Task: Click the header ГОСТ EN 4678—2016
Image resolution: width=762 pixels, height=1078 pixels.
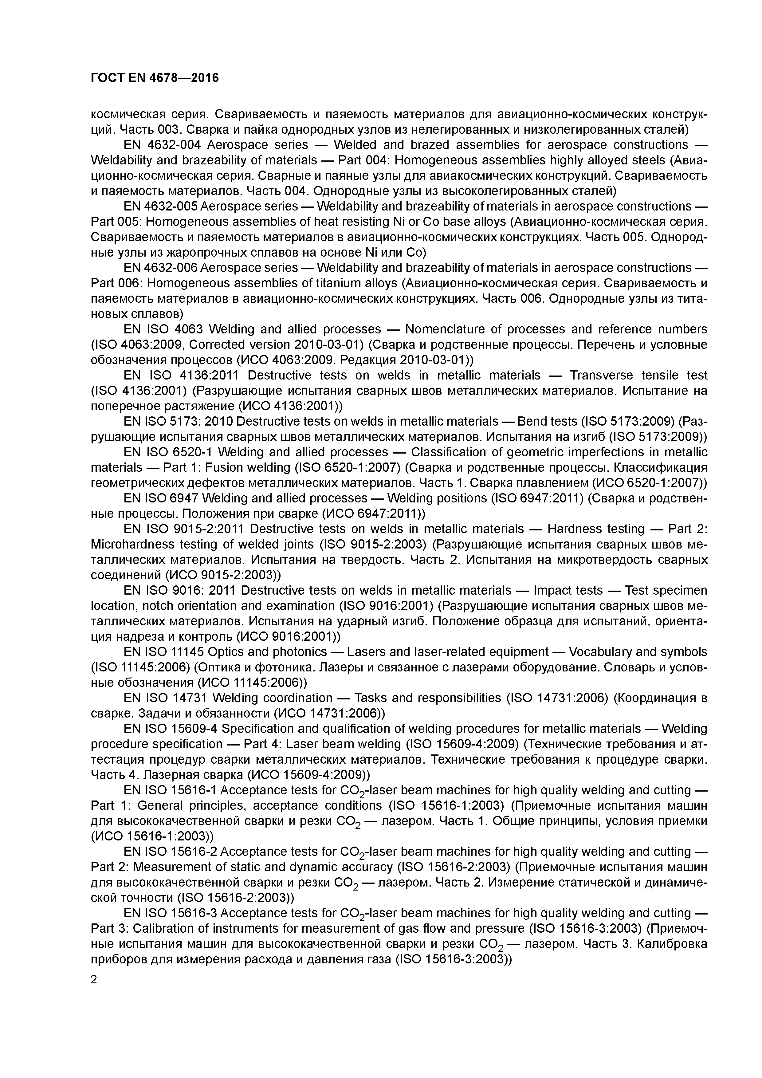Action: point(155,78)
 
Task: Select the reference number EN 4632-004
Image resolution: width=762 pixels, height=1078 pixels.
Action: point(162,145)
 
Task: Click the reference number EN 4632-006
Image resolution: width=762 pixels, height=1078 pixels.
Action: point(162,268)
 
